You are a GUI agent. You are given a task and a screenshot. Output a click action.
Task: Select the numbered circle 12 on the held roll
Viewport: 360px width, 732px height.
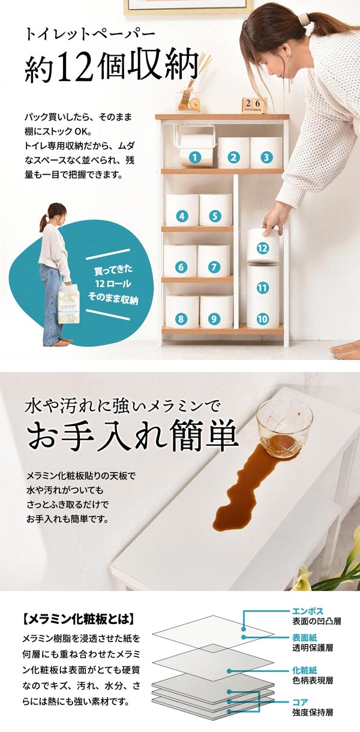pos(262,247)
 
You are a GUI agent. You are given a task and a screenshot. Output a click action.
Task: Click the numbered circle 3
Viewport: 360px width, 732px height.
pos(265,158)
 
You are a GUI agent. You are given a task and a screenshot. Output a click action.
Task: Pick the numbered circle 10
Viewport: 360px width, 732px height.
pos(262,319)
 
